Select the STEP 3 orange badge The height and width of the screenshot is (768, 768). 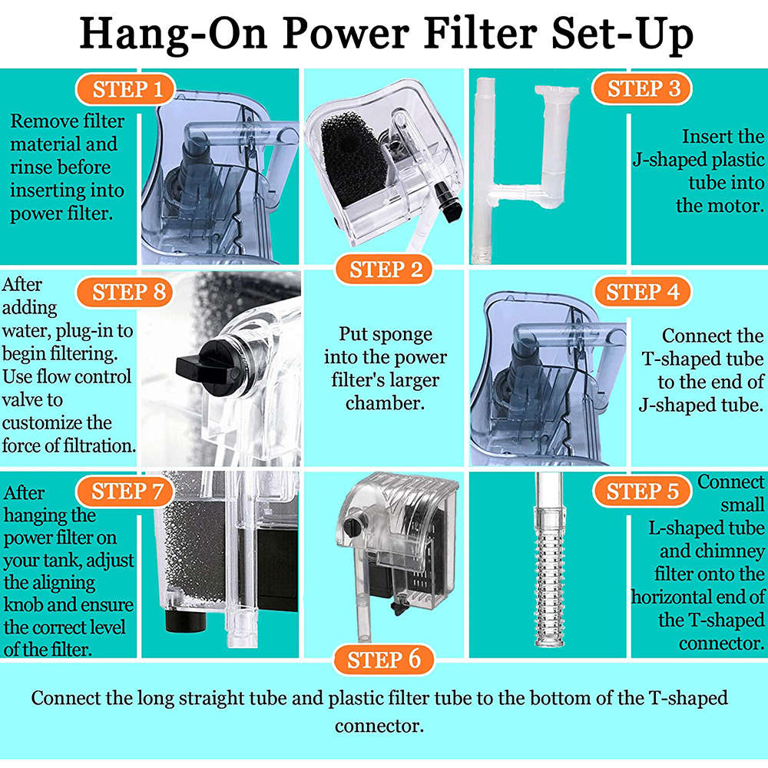(644, 89)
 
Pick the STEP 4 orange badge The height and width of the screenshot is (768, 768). (642, 293)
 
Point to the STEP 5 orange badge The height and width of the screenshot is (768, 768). (642, 492)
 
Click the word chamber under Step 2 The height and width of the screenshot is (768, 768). (385, 403)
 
